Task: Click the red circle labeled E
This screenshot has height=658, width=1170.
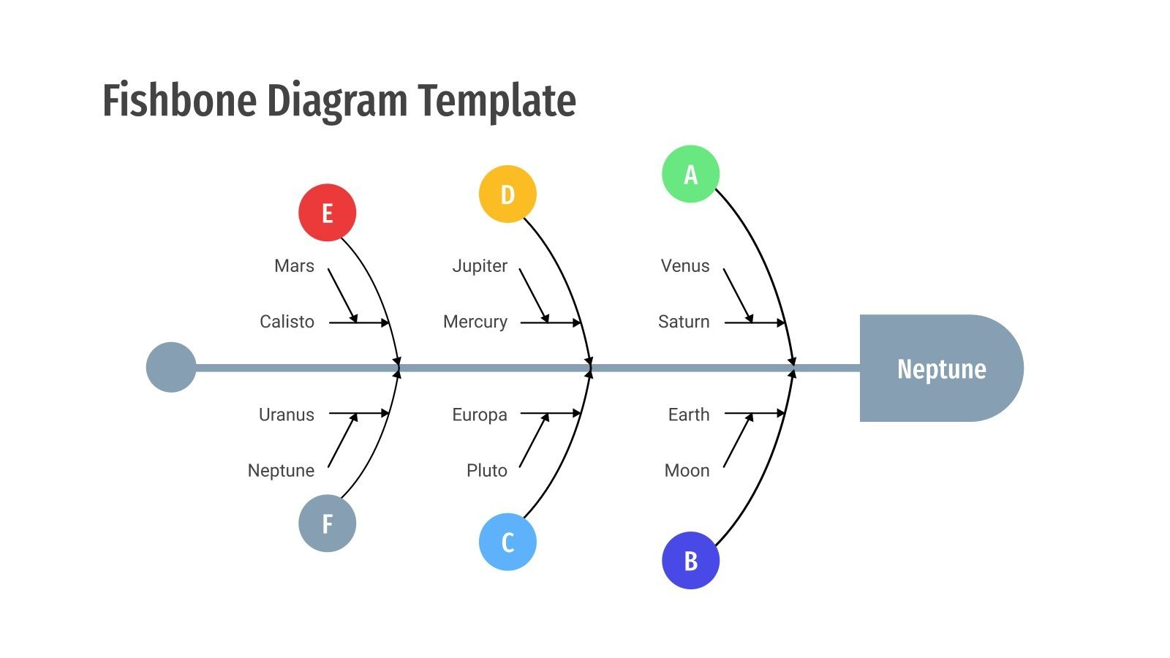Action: tap(327, 213)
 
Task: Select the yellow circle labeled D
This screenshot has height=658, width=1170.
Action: tap(507, 194)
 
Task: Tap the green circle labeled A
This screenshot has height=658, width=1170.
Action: tap(690, 174)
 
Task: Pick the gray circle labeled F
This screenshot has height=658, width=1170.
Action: tap(327, 523)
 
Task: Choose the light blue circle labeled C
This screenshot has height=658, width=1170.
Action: tap(507, 542)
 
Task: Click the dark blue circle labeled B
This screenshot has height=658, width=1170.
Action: tap(690, 561)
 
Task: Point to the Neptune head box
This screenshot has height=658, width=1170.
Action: tap(940, 368)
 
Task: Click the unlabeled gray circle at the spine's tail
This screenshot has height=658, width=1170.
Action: tap(171, 367)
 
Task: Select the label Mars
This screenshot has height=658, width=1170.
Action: tap(294, 266)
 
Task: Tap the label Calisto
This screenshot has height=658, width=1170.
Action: tap(287, 322)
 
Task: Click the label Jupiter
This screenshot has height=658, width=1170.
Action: tap(480, 266)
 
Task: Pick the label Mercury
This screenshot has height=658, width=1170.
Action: tap(475, 322)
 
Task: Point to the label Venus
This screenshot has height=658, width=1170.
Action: tap(685, 266)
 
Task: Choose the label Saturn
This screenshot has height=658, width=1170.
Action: tap(684, 322)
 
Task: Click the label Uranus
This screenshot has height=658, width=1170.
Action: tap(287, 415)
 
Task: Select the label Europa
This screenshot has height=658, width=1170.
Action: tap(480, 415)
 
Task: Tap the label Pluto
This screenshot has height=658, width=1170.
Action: tap(487, 470)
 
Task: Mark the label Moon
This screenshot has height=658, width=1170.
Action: tap(687, 470)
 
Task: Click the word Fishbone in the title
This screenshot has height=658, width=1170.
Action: tap(179, 101)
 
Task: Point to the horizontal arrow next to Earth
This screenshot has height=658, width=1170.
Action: tap(754, 413)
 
